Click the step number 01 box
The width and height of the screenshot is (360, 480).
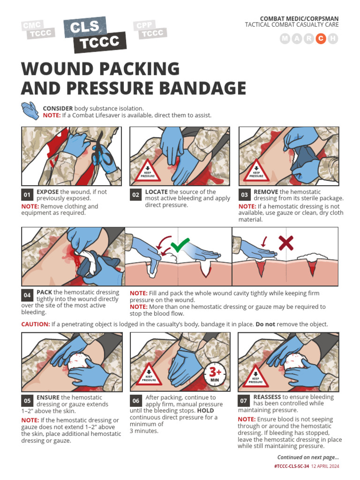coord(27,195)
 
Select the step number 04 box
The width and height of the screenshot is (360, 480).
coord(27,295)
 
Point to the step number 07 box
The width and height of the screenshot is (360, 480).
coord(244,400)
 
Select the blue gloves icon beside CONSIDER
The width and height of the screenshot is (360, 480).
coord(30,111)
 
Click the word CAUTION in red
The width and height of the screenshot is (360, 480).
coord(35,324)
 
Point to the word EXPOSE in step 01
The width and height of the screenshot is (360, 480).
coord(47,192)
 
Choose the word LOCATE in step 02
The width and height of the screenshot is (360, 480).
coord(156,192)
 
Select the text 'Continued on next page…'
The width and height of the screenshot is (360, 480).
coord(308,457)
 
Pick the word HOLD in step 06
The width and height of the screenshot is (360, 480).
coord(205,411)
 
